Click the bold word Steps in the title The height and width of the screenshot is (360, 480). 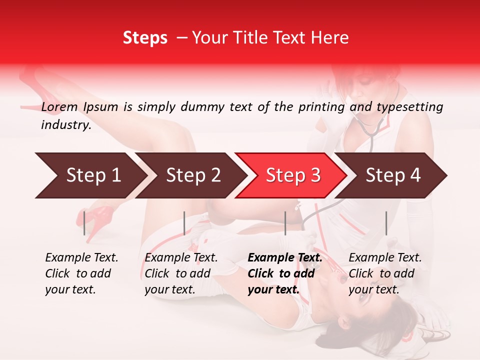(x=145, y=38)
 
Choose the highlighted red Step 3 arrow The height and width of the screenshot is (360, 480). (x=292, y=175)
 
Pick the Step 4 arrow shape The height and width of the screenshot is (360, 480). (x=392, y=175)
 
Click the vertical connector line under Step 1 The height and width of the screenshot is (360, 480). (x=84, y=223)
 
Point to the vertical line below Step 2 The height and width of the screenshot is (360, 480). (x=184, y=223)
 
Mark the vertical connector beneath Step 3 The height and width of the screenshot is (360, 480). (x=285, y=223)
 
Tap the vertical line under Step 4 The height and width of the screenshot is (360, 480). (x=386, y=223)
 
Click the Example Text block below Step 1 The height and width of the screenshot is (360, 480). (x=81, y=273)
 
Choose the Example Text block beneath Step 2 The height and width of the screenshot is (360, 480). (x=181, y=273)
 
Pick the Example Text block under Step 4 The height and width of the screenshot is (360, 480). (x=385, y=273)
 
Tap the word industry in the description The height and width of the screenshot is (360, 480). (x=65, y=125)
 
